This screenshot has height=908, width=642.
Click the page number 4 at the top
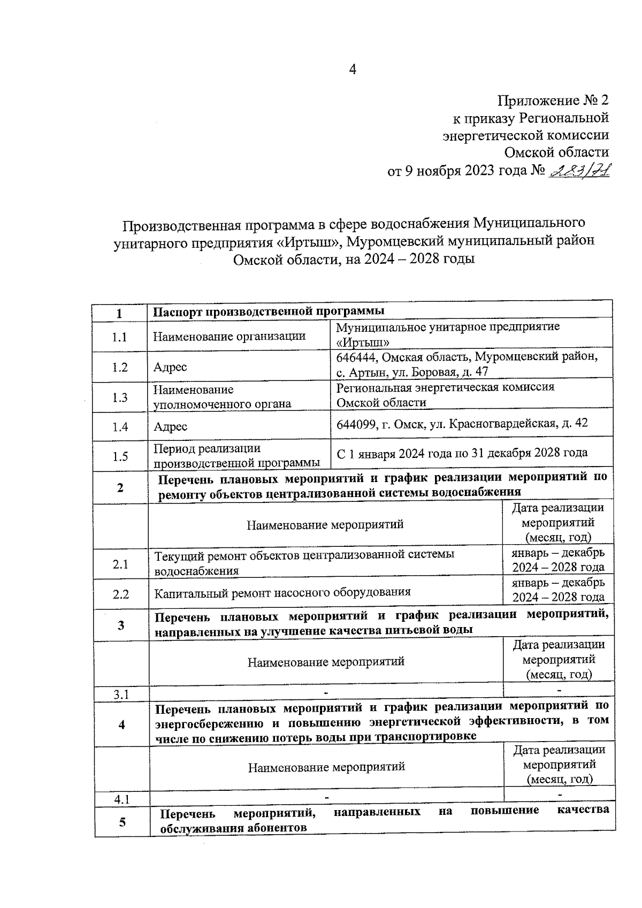tap(352, 70)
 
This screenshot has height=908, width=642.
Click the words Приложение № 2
tap(553, 101)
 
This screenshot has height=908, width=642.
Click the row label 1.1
tap(120, 337)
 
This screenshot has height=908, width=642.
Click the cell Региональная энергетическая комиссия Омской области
tap(445, 394)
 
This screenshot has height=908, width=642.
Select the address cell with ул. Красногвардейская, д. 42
tap(462, 423)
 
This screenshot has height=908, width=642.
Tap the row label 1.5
tap(120, 456)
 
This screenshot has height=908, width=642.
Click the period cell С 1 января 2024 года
tap(462, 453)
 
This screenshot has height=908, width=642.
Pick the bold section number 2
tap(120, 487)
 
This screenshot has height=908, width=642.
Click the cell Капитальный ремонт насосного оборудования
tap(282, 592)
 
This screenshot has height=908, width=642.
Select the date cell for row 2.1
tap(558, 560)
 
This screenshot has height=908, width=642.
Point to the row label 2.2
tap(121, 594)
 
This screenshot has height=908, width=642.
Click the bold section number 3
tap(121, 625)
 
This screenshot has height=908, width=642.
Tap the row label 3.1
tap(121, 695)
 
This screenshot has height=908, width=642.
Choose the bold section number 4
tap(121, 724)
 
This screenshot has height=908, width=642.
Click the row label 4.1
tap(122, 800)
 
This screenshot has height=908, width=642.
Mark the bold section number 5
tap(123, 822)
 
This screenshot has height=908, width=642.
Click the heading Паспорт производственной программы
tap(269, 311)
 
